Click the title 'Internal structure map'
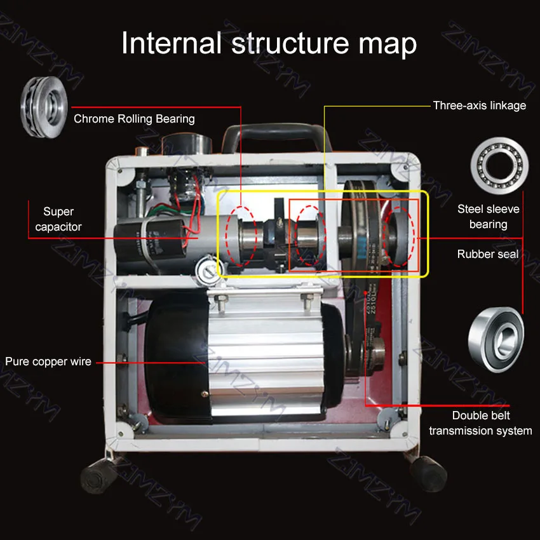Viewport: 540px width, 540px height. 269,43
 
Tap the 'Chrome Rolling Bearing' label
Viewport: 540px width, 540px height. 134,119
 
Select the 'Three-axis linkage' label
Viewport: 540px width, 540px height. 479,105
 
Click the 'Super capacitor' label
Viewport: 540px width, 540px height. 58,219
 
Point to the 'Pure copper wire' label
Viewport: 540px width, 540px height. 48,361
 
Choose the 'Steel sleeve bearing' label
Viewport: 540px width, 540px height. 488,217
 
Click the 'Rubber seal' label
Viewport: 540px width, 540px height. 488,254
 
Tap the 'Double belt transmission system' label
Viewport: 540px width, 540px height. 480,423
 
